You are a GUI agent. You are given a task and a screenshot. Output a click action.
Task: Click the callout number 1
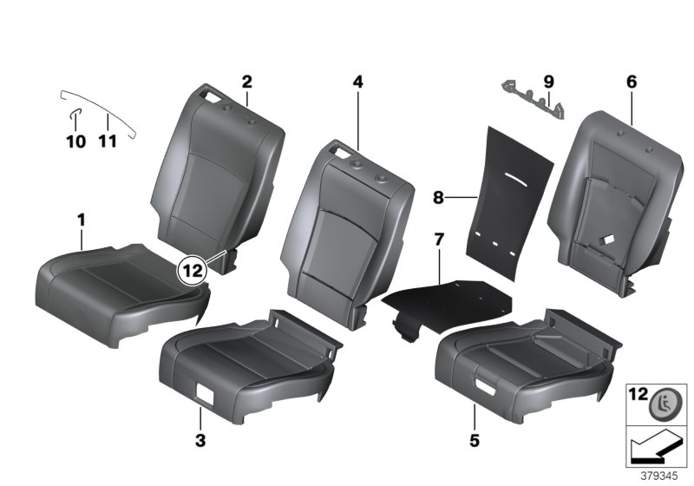pyautogui.click(x=81, y=221)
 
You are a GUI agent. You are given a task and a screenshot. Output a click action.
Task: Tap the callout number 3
pyautogui.click(x=200, y=441)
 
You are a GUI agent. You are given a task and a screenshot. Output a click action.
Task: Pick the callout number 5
pyautogui.click(x=475, y=441)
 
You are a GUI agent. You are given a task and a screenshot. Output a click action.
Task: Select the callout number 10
pyautogui.click(x=75, y=141)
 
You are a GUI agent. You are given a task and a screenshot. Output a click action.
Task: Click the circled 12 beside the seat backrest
pyautogui.click(x=193, y=270)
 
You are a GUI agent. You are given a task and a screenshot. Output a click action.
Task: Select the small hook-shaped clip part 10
pyautogui.click(x=75, y=114)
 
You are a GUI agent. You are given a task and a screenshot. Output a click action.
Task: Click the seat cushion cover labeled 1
pyautogui.click(x=121, y=278)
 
